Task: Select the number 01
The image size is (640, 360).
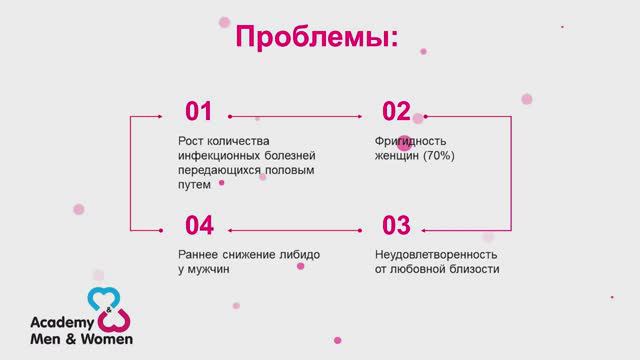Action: (x=200, y=112)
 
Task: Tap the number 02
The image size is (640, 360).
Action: (x=397, y=112)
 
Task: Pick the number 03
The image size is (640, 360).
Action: (x=397, y=225)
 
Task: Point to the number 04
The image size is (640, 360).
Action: (x=200, y=225)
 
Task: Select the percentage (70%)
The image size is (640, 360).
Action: (x=438, y=156)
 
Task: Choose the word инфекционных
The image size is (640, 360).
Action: (x=215, y=156)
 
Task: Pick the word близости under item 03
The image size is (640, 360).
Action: (x=471, y=269)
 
